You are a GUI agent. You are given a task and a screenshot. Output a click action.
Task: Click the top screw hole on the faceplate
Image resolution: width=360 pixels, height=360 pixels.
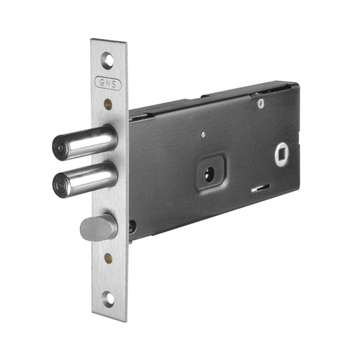pos(108,60)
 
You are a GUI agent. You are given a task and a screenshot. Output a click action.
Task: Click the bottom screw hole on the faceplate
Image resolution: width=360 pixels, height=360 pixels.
pos(108,300)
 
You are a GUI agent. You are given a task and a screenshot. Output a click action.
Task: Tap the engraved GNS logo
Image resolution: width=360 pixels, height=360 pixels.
pos(108,83)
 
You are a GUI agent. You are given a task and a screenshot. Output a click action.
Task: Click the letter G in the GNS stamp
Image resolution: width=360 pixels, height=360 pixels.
pos(102,82)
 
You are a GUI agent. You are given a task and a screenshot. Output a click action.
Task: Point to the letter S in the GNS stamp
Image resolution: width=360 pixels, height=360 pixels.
pos(114,84)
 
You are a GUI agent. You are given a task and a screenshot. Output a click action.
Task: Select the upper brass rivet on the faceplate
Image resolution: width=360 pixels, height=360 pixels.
pos(108,104)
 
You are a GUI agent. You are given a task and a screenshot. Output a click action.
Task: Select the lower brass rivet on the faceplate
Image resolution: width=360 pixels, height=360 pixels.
pos(108,258)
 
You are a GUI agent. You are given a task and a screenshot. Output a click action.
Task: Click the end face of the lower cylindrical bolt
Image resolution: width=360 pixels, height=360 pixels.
pos(61,185)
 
